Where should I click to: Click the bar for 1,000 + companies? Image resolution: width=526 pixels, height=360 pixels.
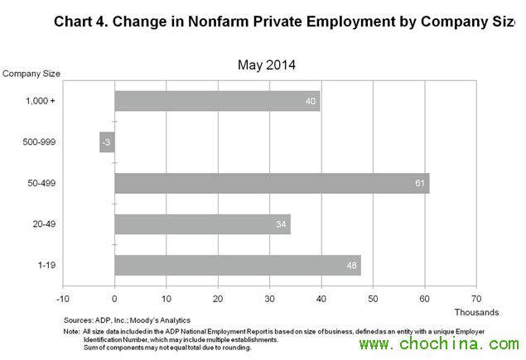[217, 101]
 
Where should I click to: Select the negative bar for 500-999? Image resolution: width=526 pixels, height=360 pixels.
[106, 142]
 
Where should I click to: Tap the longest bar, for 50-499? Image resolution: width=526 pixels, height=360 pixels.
[272, 183]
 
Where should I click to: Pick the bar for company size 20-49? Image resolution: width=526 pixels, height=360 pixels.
[202, 224]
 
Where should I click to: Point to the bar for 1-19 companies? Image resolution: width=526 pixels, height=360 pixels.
[238, 266]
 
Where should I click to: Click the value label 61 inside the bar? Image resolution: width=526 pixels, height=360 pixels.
[420, 183]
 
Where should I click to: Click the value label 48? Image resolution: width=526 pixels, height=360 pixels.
[351, 266]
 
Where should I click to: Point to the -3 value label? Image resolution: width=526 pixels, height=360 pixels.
[106, 142]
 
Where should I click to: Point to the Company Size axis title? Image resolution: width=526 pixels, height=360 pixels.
[31, 73]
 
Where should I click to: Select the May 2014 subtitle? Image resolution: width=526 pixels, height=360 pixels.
[266, 65]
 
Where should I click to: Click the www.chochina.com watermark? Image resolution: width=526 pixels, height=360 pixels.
[439, 343]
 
